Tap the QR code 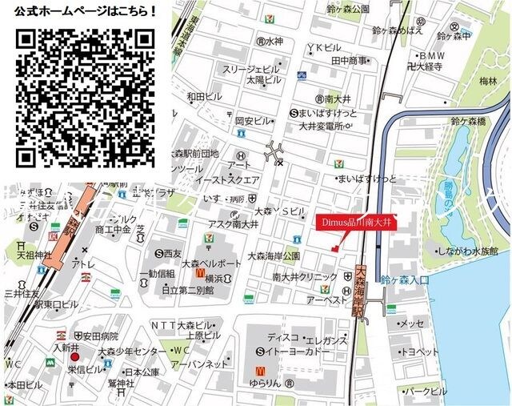85,96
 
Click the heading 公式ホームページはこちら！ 86,12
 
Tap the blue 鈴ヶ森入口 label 406,280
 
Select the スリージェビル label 250,70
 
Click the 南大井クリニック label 306,277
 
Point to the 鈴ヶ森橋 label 468,122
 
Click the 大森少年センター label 131,352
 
